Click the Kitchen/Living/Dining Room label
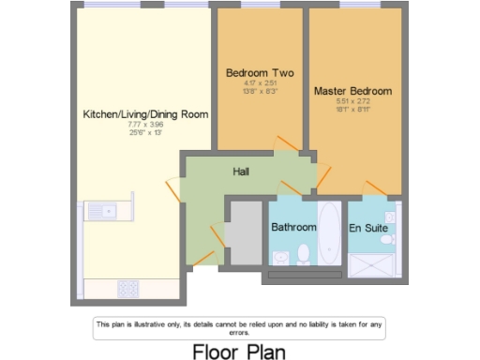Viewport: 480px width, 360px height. [145, 113]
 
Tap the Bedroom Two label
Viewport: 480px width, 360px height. [260, 72]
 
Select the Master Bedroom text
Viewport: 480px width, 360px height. [352, 91]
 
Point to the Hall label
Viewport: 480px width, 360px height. [241, 172]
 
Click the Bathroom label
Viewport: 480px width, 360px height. [293, 228]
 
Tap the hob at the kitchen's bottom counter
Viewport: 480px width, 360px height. [128, 289]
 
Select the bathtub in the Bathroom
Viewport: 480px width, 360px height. [330, 232]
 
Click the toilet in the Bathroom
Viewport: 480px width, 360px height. [304, 253]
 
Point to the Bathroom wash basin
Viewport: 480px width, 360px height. [279, 256]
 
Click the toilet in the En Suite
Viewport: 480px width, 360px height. [389, 238]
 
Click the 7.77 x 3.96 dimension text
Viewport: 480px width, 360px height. [145, 124]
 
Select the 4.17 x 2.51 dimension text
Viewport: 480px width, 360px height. [260, 82]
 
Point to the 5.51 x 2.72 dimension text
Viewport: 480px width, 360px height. [352, 101]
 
